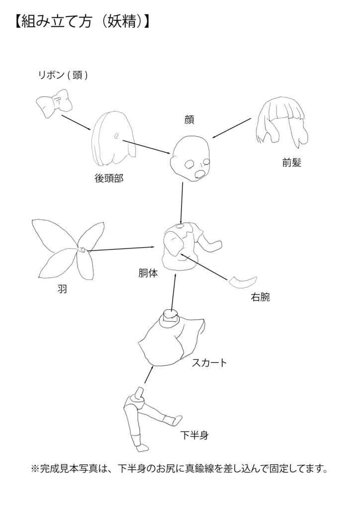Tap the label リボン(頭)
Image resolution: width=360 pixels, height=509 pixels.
pyautogui.click(x=63, y=76)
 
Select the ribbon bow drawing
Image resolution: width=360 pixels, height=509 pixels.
pyautogui.click(x=54, y=104)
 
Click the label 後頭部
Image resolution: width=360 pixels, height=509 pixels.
pyautogui.click(x=109, y=178)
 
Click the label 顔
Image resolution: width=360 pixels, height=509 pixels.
pyautogui.click(x=188, y=119)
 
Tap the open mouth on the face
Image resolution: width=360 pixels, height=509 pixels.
pyautogui.click(x=200, y=174)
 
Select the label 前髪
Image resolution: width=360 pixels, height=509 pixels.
pyautogui.click(x=292, y=163)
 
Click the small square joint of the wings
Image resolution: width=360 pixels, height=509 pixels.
pyautogui.click(x=82, y=250)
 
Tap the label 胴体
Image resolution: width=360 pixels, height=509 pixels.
pyautogui.click(x=148, y=273)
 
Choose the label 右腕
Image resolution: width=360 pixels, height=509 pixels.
pyautogui.click(x=261, y=298)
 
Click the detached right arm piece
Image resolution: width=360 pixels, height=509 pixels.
pyautogui.click(x=243, y=282)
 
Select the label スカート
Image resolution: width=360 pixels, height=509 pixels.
pyautogui.click(x=209, y=363)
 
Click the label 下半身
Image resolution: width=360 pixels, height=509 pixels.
pyautogui.click(x=194, y=436)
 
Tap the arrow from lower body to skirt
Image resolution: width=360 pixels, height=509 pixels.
pyautogui.click(x=149, y=375)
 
